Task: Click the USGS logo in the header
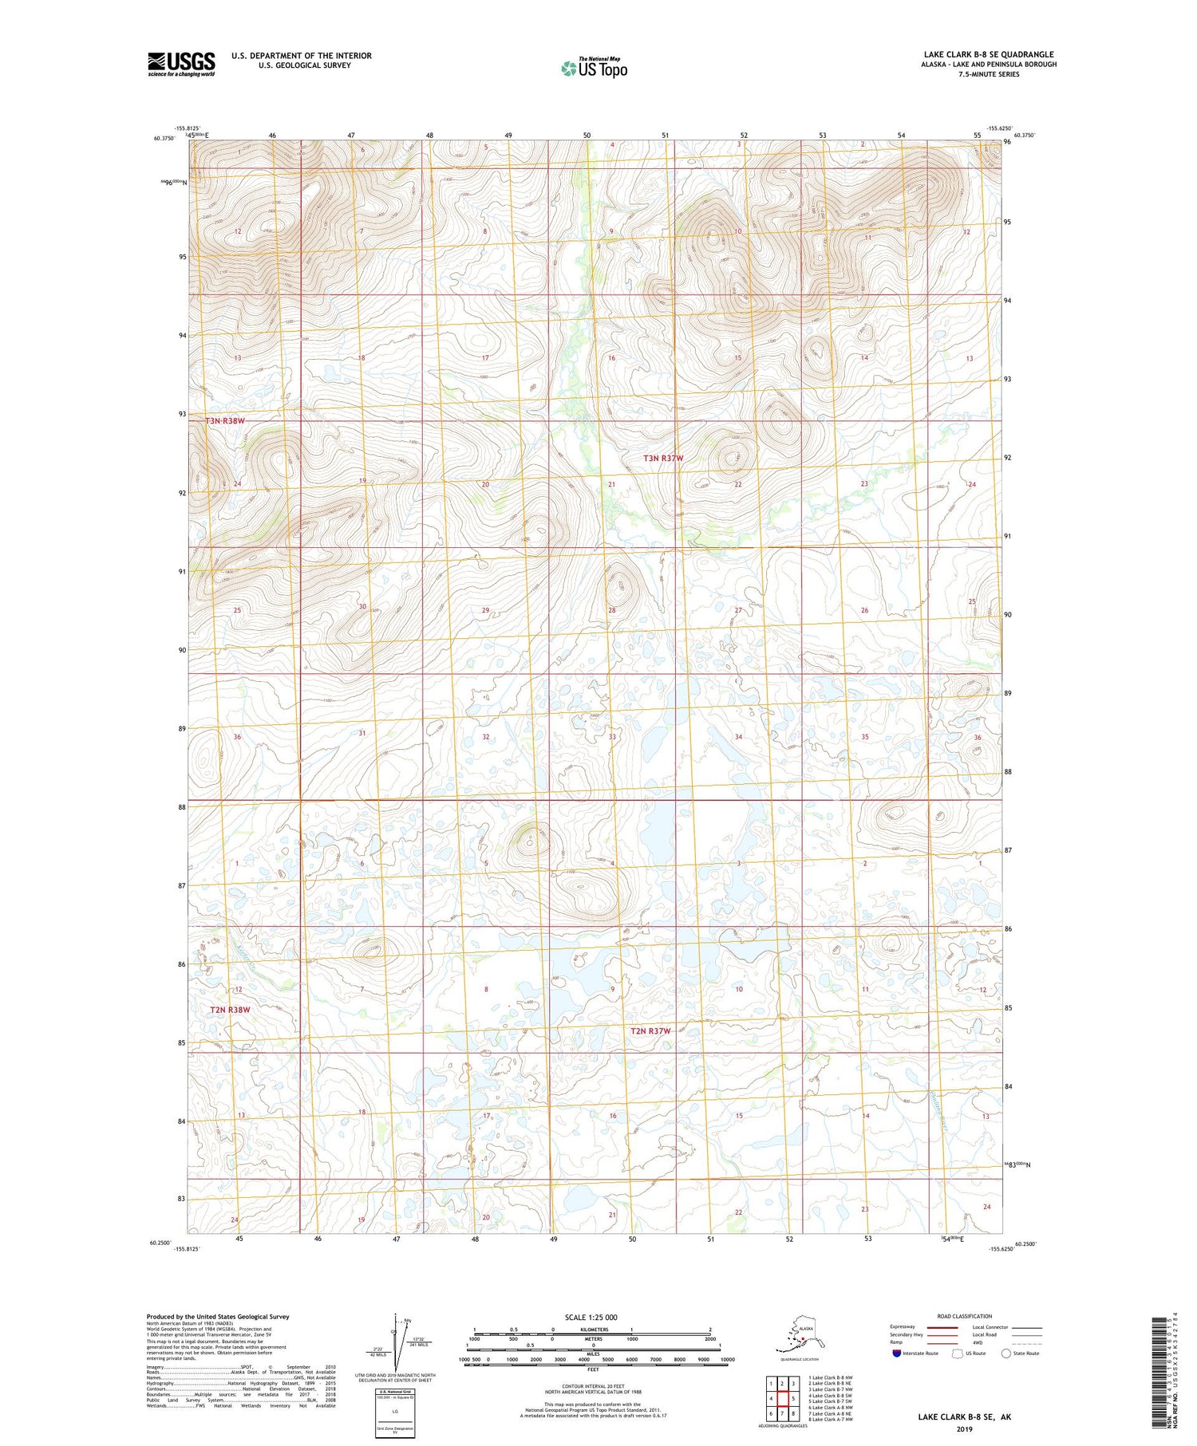pyautogui.click(x=181, y=64)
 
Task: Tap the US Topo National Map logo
pyautogui.click(x=595, y=68)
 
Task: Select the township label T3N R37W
pyautogui.click(x=663, y=459)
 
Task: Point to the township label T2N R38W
pyautogui.click(x=230, y=1009)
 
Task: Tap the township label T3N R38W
pyautogui.click(x=224, y=420)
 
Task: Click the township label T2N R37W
pyautogui.click(x=650, y=1030)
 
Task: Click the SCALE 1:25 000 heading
pyautogui.click(x=591, y=1317)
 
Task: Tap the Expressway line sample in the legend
pyautogui.click(x=947, y=1327)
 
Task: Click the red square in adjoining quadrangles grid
pyautogui.click(x=783, y=1398)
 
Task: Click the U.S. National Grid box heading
pyautogui.click(x=394, y=1392)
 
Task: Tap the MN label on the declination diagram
pyautogui.click(x=408, y=1319)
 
